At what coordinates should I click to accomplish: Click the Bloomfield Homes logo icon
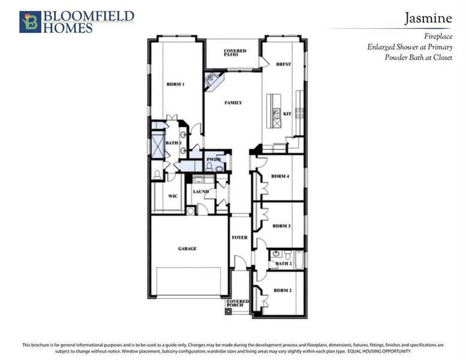pyautogui.click(x=29, y=22)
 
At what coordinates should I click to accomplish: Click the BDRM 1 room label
pyautogui.click(x=175, y=85)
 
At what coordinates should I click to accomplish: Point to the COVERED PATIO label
pyautogui.click(x=235, y=53)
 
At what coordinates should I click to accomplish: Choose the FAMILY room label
pyautogui.click(x=233, y=103)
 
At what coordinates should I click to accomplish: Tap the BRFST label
pyautogui.click(x=283, y=64)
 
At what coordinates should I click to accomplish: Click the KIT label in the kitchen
pyautogui.click(x=286, y=113)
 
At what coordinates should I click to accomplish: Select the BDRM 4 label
pyautogui.click(x=280, y=176)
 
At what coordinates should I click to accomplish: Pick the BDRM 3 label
pyautogui.click(x=281, y=226)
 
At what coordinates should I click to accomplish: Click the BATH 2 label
pyautogui.click(x=283, y=263)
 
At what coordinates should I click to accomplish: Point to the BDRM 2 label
pyautogui.click(x=282, y=290)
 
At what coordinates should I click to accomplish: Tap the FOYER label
pyautogui.click(x=240, y=238)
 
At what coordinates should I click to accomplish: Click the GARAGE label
pyautogui.click(x=187, y=248)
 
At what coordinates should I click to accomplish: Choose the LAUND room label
pyautogui.click(x=201, y=192)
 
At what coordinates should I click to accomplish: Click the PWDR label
pyautogui.click(x=214, y=160)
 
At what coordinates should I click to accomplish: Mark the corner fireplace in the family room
pyautogui.click(x=213, y=82)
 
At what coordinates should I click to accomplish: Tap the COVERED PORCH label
pyautogui.click(x=238, y=304)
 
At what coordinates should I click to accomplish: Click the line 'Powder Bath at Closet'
pyautogui.click(x=418, y=58)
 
